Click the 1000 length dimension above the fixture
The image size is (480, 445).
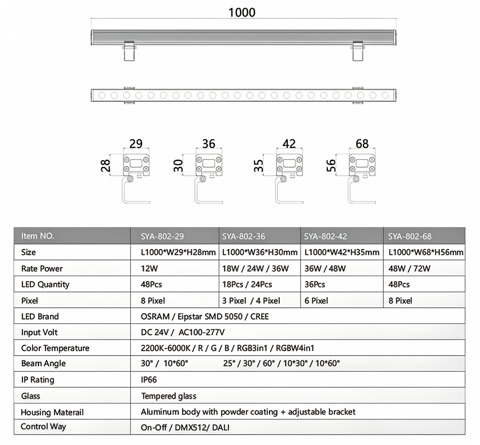(x=242, y=12)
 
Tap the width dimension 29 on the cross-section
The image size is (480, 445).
(x=136, y=143)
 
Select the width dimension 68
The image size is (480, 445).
(x=362, y=143)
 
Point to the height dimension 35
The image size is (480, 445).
(x=258, y=166)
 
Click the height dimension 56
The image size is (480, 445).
(x=331, y=166)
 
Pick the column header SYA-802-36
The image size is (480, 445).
(x=243, y=236)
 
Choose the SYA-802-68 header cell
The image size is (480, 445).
(x=409, y=236)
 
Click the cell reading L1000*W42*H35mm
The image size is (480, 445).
(x=342, y=252)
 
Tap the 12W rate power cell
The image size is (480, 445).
(x=149, y=269)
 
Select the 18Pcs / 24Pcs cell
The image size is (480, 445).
(x=247, y=285)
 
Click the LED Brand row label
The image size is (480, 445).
(x=40, y=317)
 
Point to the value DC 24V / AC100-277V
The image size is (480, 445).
(x=182, y=332)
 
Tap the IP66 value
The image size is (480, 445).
(x=149, y=380)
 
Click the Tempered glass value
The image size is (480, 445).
(x=168, y=396)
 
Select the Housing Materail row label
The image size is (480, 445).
(x=52, y=412)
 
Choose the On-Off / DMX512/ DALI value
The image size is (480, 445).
(x=185, y=427)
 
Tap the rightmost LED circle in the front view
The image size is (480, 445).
(x=385, y=96)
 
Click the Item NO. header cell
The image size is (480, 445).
(x=38, y=236)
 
